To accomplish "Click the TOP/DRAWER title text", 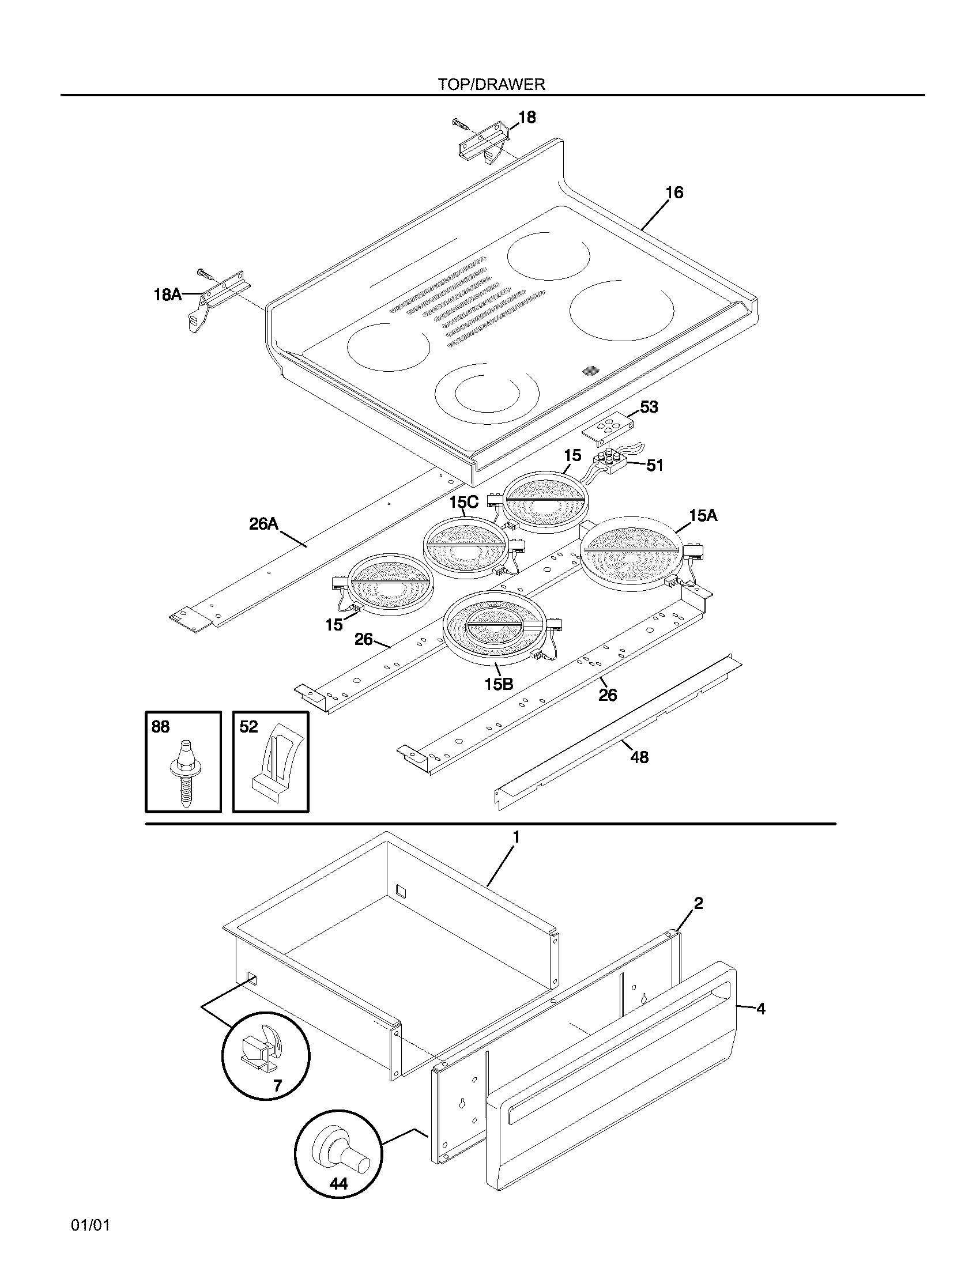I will pyautogui.click(x=491, y=84).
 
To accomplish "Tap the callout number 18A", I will pyautogui.click(x=167, y=295).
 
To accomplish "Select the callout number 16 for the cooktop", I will pyautogui.click(x=674, y=192).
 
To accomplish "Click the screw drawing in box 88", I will pyautogui.click(x=184, y=771).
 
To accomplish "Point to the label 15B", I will pyautogui.click(x=499, y=684).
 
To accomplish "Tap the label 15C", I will pyautogui.click(x=464, y=501).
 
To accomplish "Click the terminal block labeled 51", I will pyautogui.click(x=608, y=463).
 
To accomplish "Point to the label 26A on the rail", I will pyautogui.click(x=263, y=524).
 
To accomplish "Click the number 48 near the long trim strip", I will pyautogui.click(x=639, y=757).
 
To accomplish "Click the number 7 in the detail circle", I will pyautogui.click(x=277, y=1085).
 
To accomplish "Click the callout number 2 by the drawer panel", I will pyautogui.click(x=699, y=903).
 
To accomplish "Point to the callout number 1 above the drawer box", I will pyautogui.click(x=515, y=837).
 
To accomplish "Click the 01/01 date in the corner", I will pyautogui.click(x=91, y=1225).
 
